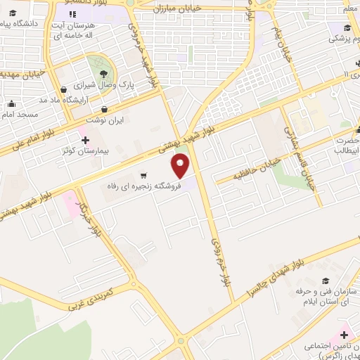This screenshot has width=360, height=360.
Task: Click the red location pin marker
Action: (x=181, y=165)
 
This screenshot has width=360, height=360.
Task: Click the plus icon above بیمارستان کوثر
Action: (x=85, y=140)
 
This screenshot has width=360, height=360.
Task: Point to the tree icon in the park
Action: (x=103, y=72)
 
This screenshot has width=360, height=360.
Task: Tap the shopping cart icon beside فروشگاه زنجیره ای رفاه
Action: (x=143, y=175)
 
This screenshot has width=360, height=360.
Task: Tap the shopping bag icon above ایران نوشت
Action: (x=104, y=110)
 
